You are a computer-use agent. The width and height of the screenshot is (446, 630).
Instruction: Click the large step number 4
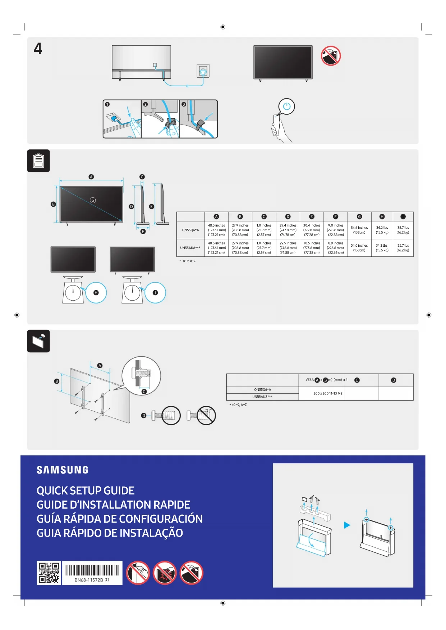(38, 48)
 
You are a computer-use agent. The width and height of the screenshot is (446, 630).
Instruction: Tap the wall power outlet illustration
(203, 71)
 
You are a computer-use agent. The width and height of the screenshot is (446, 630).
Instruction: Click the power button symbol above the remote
(286, 106)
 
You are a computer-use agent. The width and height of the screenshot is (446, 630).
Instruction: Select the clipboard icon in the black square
(38, 161)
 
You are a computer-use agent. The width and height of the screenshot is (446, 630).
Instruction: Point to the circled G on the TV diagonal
(93, 200)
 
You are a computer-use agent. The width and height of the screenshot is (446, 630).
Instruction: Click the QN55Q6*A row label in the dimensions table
(190, 230)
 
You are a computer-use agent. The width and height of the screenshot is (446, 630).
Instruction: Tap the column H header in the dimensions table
(382, 217)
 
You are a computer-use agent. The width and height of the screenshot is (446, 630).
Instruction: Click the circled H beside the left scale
(96, 293)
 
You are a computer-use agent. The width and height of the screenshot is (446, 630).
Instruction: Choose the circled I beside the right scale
(155, 293)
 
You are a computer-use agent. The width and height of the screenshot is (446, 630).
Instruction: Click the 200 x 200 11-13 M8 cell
(328, 393)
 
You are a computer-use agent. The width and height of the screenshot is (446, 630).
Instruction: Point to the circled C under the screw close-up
(144, 392)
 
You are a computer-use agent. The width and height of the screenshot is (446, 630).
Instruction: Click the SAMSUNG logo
(63, 470)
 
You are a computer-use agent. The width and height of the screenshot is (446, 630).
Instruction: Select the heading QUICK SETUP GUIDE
(86, 491)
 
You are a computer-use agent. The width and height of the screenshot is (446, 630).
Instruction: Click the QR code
(49, 573)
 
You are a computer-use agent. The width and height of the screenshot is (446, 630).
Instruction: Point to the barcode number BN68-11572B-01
(92, 580)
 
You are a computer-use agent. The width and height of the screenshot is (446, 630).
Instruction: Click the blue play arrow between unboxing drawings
(347, 525)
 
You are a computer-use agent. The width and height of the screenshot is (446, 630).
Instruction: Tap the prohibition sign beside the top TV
(331, 56)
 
